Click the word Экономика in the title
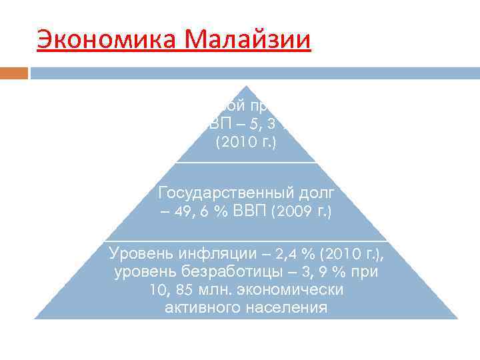click(x=107, y=41)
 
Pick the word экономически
click(x=289, y=290)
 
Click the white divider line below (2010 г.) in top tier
click(x=246, y=163)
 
